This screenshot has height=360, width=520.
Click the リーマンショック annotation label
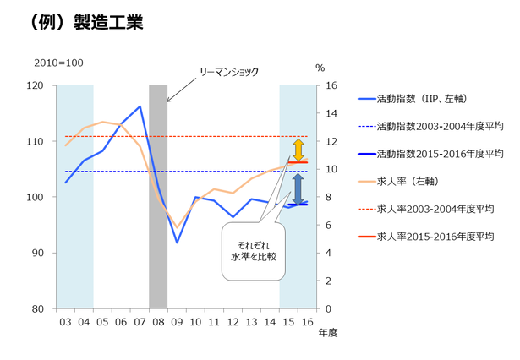228,73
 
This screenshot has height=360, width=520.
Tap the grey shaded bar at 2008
158,196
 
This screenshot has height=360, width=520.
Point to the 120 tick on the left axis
35,85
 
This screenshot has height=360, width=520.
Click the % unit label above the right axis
320,68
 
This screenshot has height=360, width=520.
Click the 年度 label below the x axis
328,333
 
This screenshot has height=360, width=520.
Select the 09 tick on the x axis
177,322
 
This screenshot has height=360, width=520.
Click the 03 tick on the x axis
65,322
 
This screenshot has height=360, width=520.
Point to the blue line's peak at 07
140,106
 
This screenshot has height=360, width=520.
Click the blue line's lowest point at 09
177,243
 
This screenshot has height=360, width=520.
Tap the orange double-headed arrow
298,150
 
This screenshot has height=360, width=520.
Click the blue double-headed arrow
298,188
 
